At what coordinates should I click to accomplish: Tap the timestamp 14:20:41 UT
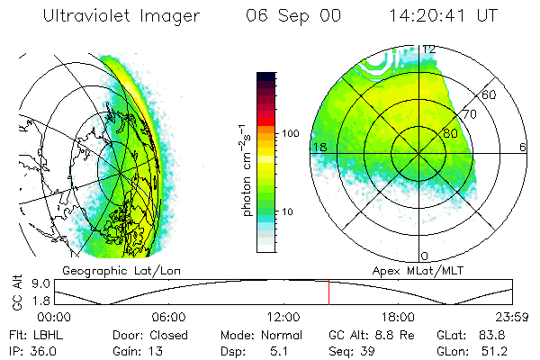(445, 15)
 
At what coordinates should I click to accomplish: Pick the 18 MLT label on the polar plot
(318, 147)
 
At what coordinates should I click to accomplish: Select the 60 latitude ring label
(490, 94)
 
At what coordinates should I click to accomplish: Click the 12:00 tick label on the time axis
(283, 317)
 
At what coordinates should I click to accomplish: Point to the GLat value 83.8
(500, 335)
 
